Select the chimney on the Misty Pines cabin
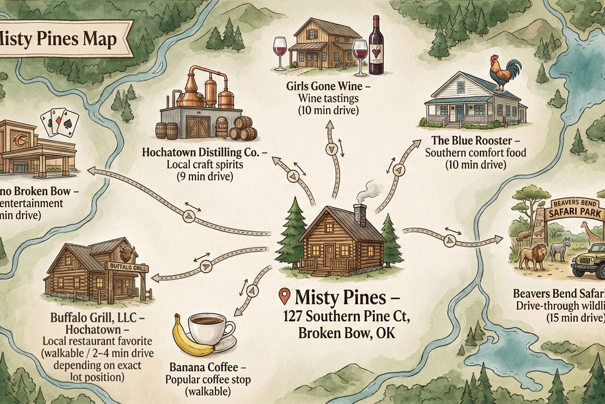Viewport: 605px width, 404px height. click(x=360, y=215)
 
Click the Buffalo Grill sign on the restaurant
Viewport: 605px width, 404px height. click(x=128, y=266)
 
